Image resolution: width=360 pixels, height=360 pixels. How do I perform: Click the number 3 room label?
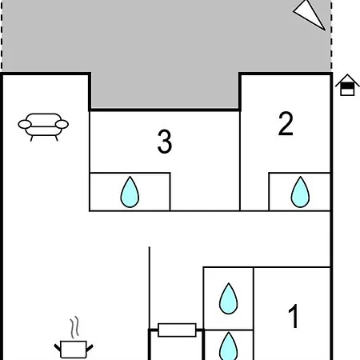click(x=165, y=142)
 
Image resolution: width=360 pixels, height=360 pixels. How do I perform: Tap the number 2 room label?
click(x=286, y=123)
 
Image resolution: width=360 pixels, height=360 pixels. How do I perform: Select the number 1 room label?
click(x=294, y=316)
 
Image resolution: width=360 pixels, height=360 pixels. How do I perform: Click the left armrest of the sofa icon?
click(x=25, y=124)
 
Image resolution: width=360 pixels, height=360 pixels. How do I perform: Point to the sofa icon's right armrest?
click(x=62, y=124)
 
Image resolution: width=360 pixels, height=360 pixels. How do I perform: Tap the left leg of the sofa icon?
click(x=31, y=138)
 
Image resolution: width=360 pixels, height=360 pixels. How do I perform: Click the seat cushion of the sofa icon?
click(x=43, y=130)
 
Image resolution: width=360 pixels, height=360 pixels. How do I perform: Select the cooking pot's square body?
click(x=74, y=350)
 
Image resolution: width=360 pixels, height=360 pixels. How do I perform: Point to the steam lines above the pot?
click(x=75, y=327)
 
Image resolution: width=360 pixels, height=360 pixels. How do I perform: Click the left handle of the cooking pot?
click(x=58, y=347)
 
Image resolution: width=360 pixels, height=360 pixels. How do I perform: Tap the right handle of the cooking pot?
click(x=90, y=348)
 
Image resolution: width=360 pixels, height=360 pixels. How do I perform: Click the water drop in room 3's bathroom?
click(x=130, y=192)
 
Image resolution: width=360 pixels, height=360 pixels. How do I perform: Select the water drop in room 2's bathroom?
click(x=300, y=192)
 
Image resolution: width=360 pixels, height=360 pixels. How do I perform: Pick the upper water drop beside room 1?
click(x=229, y=298)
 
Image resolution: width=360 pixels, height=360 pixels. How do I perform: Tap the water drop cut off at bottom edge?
click(x=229, y=346)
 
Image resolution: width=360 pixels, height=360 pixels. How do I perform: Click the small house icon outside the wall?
click(x=347, y=85)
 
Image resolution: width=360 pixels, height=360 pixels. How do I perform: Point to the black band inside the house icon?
click(x=347, y=86)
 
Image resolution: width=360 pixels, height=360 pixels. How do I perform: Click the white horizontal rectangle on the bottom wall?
click(x=177, y=330)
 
